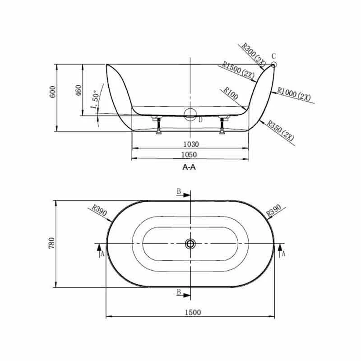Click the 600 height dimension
coord(53,92)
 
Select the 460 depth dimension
coord(79,91)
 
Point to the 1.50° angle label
coord(95,100)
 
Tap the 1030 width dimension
coord(191,144)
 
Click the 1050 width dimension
coord(189,154)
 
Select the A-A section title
coord(189,167)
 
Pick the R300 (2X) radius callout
coord(254,55)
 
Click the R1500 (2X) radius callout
coord(238,70)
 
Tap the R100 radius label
coord(231,93)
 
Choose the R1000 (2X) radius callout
coord(294,94)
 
